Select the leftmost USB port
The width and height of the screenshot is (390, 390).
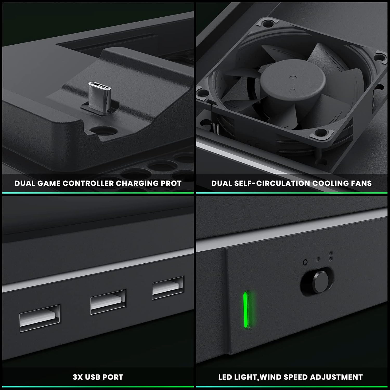click(x=40, y=318)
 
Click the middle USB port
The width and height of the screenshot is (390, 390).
click(x=108, y=302)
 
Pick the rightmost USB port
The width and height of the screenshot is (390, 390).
click(x=168, y=288)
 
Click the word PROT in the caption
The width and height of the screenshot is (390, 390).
click(x=171, y=183)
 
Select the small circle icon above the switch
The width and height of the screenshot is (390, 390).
click(x=305, y=262)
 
